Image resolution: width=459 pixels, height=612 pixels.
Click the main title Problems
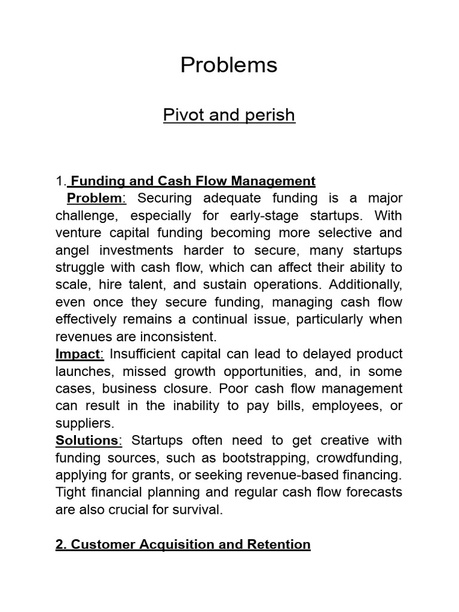click(229, 65)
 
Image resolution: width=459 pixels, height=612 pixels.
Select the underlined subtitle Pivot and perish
click(229, 114)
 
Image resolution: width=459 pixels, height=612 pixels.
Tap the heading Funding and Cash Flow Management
click(192, 180)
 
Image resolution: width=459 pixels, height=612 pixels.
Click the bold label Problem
click(94, 198)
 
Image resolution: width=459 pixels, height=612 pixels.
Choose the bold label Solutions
click(87, 440)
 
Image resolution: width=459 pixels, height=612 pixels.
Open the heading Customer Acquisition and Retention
click(183, 544)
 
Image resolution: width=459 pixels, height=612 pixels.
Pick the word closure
click(192, 388)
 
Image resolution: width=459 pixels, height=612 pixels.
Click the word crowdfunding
click(358, 458)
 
